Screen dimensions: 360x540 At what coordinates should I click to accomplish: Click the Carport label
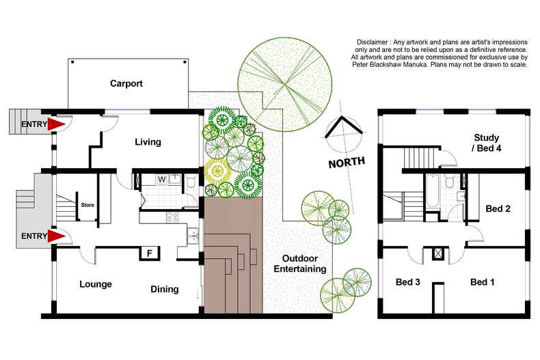130,84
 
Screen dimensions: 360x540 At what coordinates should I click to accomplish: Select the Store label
87,204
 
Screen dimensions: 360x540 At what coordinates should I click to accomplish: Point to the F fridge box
148,253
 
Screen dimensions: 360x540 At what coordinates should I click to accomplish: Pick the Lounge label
95,284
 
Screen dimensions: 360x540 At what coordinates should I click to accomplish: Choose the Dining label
164,289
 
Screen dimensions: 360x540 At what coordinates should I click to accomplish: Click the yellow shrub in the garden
218,171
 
